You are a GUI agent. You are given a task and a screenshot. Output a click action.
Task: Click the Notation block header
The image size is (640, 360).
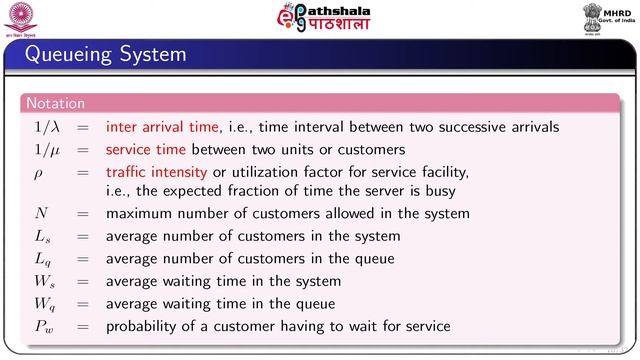coord(56,103)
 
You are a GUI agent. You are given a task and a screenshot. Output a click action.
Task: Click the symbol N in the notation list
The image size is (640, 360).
coord(41,213)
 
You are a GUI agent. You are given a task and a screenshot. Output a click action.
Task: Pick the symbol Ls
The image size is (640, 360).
coord(43,236)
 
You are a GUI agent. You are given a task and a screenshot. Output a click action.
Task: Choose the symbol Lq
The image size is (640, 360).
coord(43,259)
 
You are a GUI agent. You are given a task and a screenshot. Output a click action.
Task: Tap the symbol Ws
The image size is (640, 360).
coord(45,281)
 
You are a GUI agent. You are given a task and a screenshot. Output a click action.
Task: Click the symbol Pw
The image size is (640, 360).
coord(44,326)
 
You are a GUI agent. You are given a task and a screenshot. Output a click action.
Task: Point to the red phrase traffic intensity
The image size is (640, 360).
coord(154,172)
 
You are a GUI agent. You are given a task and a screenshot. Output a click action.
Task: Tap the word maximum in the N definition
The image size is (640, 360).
coord(142,213)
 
